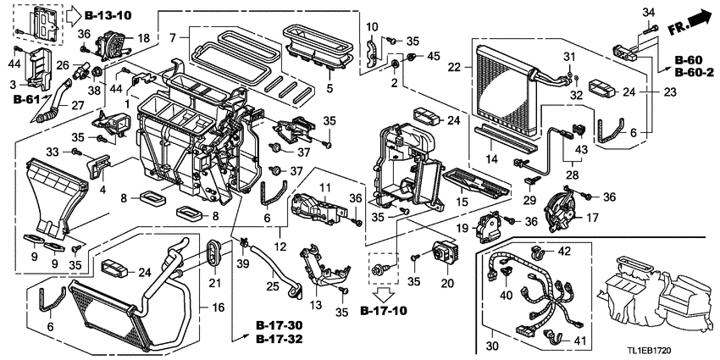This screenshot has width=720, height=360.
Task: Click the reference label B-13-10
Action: (x=111, y=14)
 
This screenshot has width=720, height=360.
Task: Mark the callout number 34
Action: (x=648, y=11)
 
